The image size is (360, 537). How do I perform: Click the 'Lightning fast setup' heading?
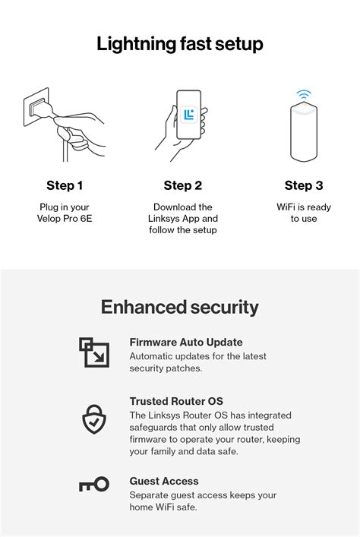point(180,44)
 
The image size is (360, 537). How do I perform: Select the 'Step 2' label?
point(182,185)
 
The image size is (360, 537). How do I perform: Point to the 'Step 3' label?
point(303,185)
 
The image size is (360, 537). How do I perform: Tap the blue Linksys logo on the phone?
point(189,115)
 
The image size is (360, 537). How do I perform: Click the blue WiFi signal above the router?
point(304,95)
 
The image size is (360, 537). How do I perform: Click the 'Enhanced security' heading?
point(180,307)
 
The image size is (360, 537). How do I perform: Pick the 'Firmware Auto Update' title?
point(185,343)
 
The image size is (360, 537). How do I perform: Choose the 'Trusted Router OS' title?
point(175,401)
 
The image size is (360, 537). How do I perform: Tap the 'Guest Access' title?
point(163,481)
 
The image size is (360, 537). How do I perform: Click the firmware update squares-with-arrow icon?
point(94,352)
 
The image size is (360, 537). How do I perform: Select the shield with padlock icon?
point(94,419)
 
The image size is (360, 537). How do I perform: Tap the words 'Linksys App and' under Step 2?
point(183,219)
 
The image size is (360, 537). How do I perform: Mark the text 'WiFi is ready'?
point(304,207)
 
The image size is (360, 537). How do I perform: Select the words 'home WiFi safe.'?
point(163,507)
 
